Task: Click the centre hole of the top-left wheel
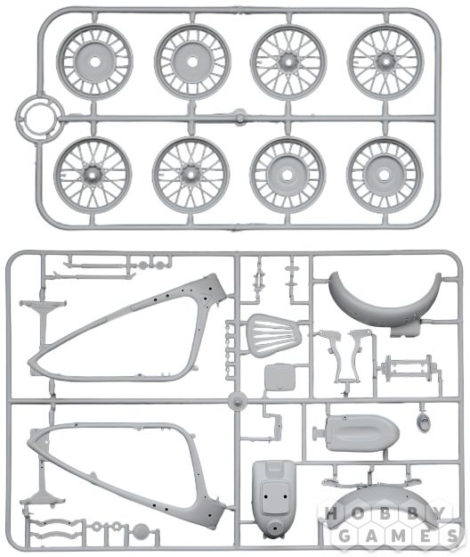point(94,62)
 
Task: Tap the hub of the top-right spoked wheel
point(385,61)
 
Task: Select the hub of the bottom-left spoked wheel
point(93,175)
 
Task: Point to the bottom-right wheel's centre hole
point(385,175)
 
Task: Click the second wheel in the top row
point(192,61)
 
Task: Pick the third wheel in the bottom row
point(288,175)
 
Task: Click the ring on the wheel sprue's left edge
point(40,119)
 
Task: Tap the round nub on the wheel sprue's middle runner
point(239,118)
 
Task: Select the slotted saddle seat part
point(274,332)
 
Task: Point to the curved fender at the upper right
point(385,302)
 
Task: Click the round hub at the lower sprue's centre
point(238,401)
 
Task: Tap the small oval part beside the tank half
point(424,422)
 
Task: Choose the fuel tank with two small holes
point(274,498)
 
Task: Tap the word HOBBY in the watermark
point(385,513)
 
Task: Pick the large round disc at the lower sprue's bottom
point(141,532)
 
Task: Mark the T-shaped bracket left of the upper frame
point(43,317)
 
